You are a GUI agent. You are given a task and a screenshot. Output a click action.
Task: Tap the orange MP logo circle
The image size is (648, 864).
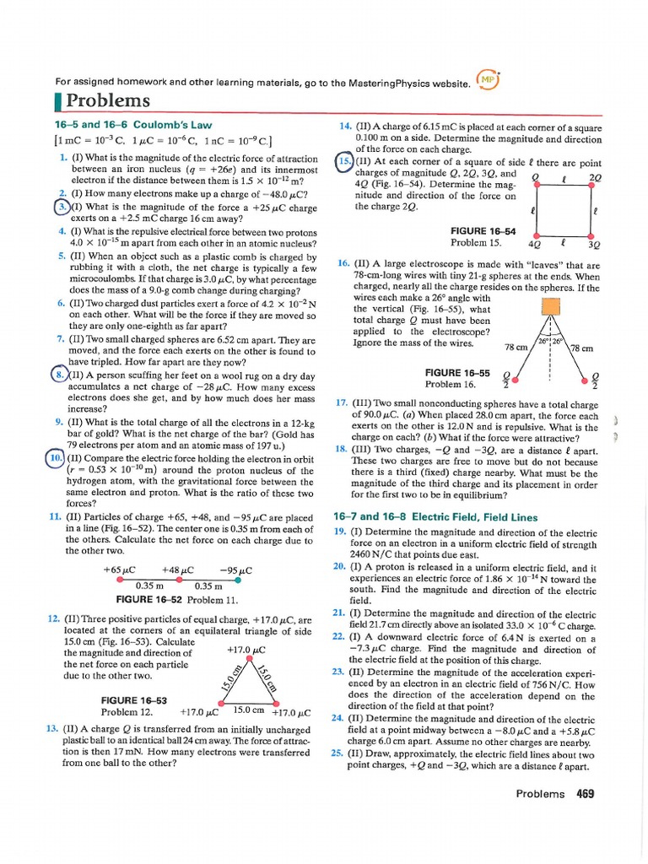pyautogui.click(x=487, y=80)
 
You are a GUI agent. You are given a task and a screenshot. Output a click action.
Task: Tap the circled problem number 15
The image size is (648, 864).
pyautogui.click(x=344, y=163)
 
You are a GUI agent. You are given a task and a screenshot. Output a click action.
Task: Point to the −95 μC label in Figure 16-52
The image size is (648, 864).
pyautogui.click(x=235, y=570)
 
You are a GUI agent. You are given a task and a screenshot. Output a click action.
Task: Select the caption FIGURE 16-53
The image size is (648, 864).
pyautogui.click(x=134, y=700)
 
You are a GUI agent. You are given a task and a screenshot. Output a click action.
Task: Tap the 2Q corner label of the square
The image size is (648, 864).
pyautogui.click(x=595, y=178)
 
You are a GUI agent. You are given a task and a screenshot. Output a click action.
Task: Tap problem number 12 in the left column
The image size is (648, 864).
pyautogui.click(x=52, y=619)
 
